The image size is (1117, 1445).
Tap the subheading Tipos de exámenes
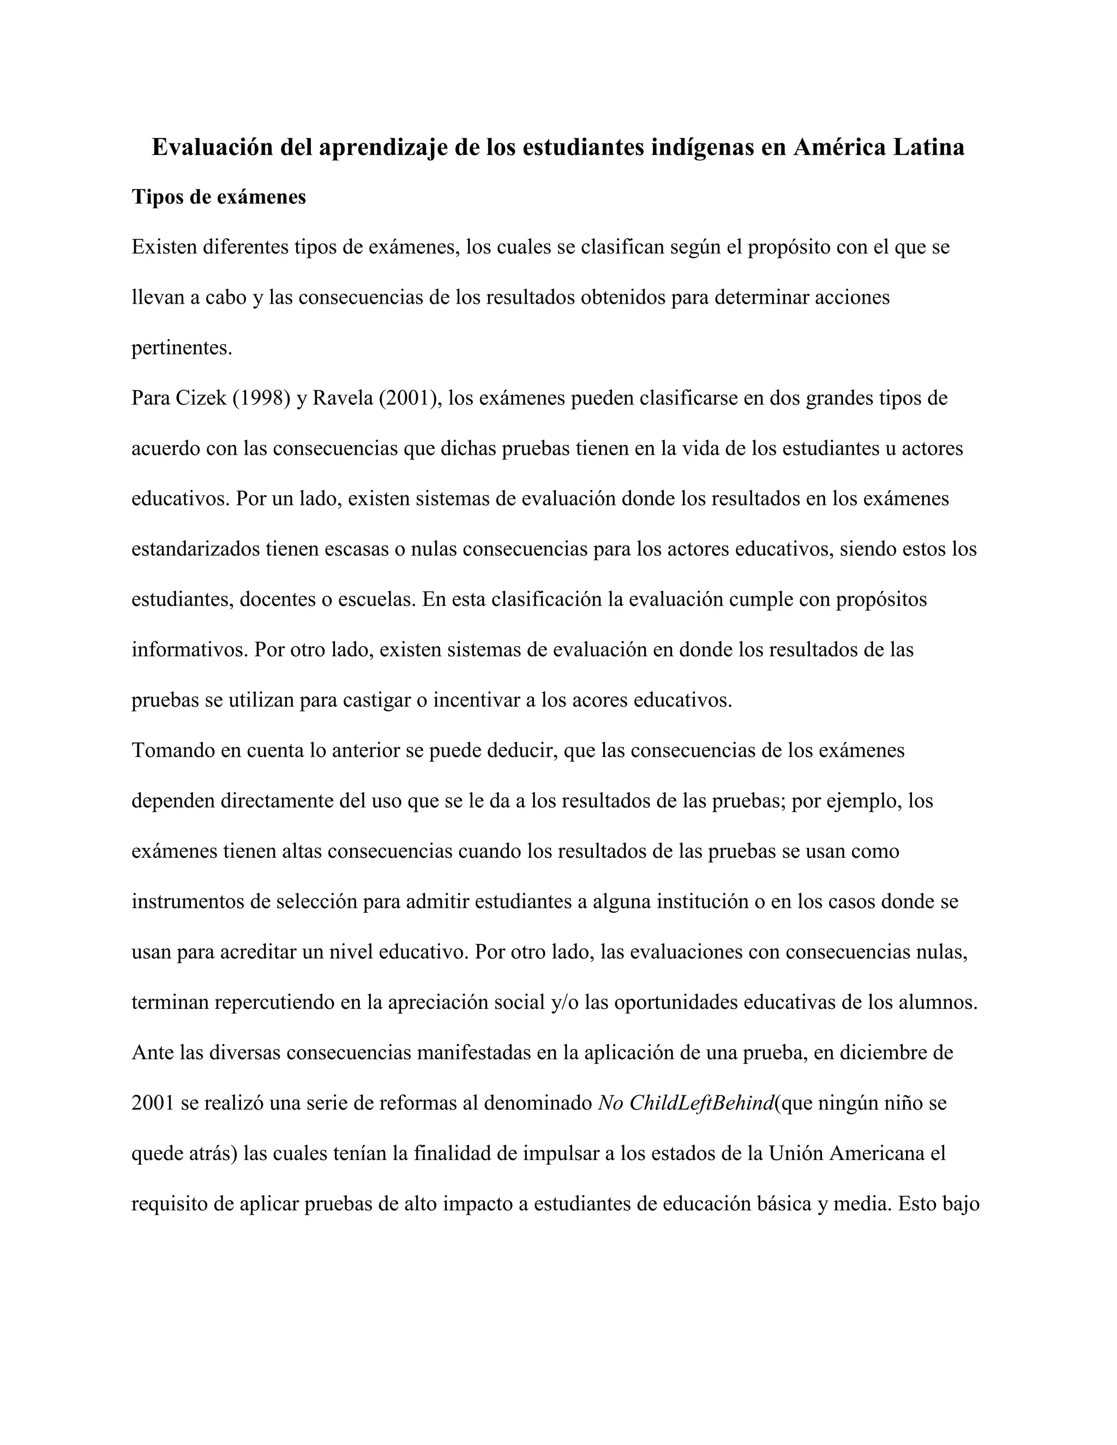(x=218, y=197)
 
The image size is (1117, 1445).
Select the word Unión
(x=795, y=1153)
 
